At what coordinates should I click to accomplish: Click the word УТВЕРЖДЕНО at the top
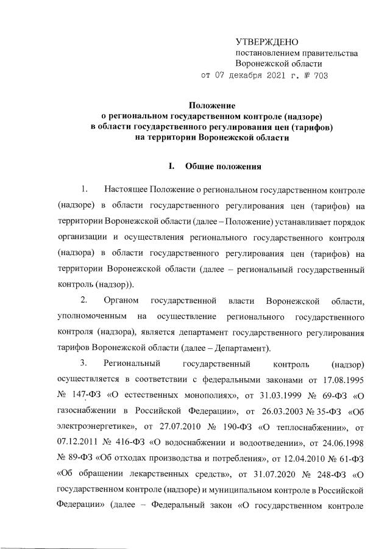pos(267,42)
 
